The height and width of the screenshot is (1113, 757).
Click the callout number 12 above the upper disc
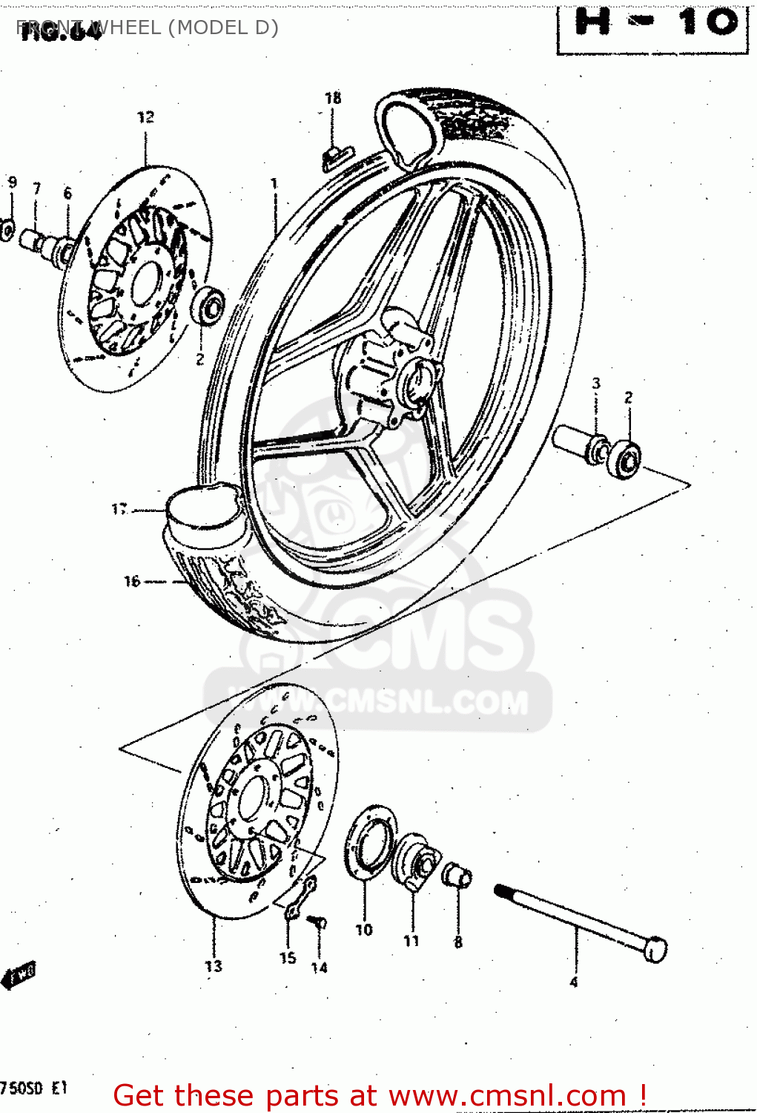(145, 117)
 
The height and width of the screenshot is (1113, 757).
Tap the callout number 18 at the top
(333, 98)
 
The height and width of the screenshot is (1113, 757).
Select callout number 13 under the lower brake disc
(214, 966)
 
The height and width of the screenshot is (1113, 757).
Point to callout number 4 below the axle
(573, 982)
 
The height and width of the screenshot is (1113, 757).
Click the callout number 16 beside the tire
(132, 581)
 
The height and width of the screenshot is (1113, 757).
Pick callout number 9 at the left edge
(12, 183)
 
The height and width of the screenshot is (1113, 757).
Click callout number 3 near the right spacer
(596, 384)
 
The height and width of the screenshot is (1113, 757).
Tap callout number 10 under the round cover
(364, 930)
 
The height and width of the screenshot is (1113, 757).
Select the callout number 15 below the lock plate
(288, 958)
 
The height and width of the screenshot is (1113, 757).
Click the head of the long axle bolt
(655, 951)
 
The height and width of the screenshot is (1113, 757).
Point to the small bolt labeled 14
(320, 922)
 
